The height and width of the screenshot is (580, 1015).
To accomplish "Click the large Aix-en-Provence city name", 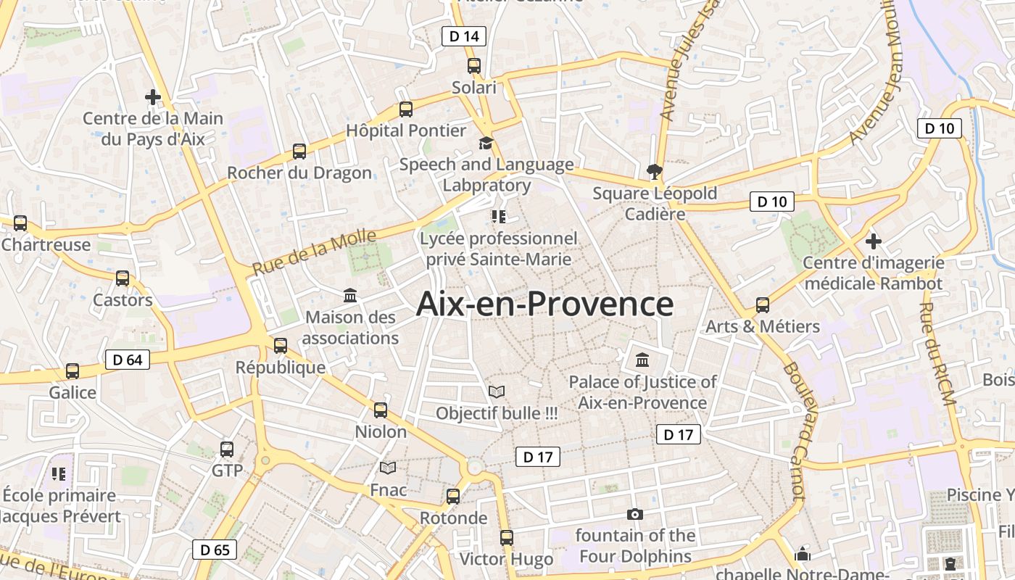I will tap(544, 304).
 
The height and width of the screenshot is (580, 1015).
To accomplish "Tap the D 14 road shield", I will tap(463, 36).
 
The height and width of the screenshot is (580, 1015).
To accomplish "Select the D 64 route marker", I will tap(128, 360).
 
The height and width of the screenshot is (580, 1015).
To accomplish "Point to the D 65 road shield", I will tap(215, 550).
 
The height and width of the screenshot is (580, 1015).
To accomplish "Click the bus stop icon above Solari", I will tap(474, 66).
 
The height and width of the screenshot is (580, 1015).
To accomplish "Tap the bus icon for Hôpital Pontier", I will tap(406, 109).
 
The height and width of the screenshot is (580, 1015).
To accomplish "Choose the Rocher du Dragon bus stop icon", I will tap(299, 152).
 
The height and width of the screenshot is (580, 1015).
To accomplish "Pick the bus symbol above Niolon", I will tap(381, 410).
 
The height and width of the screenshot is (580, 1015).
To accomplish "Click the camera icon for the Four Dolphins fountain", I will tap(635, 514).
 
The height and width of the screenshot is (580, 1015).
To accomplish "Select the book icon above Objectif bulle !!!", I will tap(497, 392).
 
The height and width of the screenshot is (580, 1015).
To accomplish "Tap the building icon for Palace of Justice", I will tap(642, 360).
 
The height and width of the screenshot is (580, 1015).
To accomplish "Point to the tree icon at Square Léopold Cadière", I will tap(655, 172).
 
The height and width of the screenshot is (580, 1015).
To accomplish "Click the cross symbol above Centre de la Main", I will tap(153, 96).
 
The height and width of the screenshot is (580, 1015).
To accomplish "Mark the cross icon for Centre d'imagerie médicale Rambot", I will tap(874, 241).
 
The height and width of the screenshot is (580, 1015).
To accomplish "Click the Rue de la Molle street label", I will tap(315, 252).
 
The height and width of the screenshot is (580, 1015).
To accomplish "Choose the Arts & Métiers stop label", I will tap(763, 326).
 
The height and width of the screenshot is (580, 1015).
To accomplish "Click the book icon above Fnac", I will tap(389, 468).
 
